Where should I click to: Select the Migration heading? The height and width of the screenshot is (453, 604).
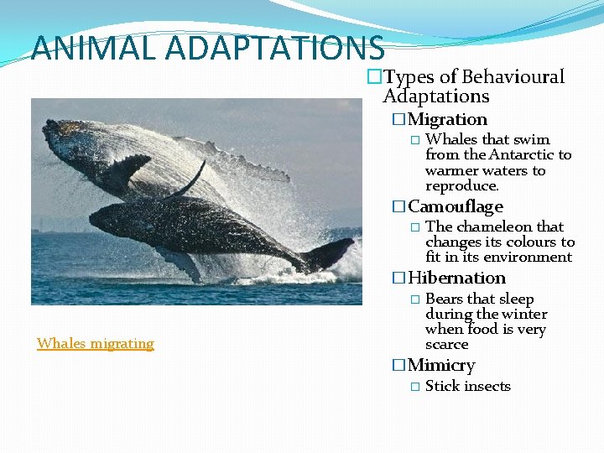pos(447,120)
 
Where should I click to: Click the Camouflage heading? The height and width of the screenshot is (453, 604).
pos(455,206)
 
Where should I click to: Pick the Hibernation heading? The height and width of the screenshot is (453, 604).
pos(456,278)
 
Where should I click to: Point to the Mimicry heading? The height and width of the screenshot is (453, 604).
pos(441,365)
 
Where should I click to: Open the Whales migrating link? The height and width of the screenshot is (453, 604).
pos(96,343)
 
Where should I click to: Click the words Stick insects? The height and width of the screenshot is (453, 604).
pos(468,386)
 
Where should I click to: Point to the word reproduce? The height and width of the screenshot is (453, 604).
pos(462,185)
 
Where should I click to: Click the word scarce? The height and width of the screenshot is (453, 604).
pos(447,344)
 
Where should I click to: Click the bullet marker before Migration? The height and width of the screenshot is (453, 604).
pos(398,120)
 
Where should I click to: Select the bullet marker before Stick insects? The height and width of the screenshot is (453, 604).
pos(415,387)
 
